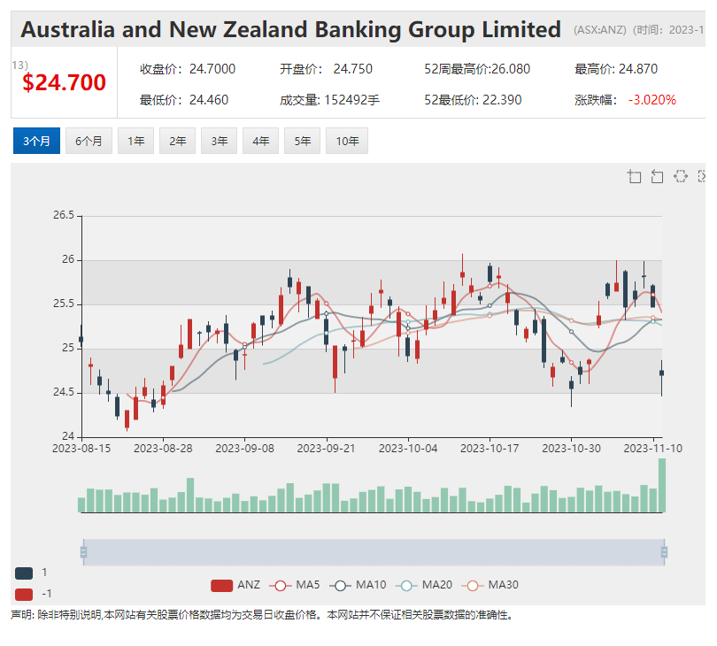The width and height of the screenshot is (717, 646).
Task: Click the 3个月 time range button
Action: [x=36, y=142]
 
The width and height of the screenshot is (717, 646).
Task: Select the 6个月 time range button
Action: [x=89, y=142]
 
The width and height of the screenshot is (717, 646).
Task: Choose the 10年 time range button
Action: [x=346, y=142]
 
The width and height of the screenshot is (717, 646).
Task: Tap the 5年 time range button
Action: [x=303, y=142]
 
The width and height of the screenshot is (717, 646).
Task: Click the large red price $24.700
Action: [x=64, y=83]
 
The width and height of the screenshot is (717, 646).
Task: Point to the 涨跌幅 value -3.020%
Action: [x=651, y=100]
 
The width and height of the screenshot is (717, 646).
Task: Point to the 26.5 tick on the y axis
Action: [x=63, y=215]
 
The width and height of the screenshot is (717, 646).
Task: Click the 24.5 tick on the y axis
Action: [x=63, y=393]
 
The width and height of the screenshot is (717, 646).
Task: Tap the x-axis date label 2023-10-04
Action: [x=408, y=449]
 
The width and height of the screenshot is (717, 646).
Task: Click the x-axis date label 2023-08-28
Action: [x=163, y=449]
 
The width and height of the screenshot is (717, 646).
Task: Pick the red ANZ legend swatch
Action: [x=221, y=585]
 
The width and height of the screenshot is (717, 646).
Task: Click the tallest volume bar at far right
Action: [x=661, y=485]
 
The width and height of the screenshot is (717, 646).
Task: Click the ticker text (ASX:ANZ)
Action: [x=599, y=30]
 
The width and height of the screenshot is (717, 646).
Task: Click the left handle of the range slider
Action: [x=83, y=552]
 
